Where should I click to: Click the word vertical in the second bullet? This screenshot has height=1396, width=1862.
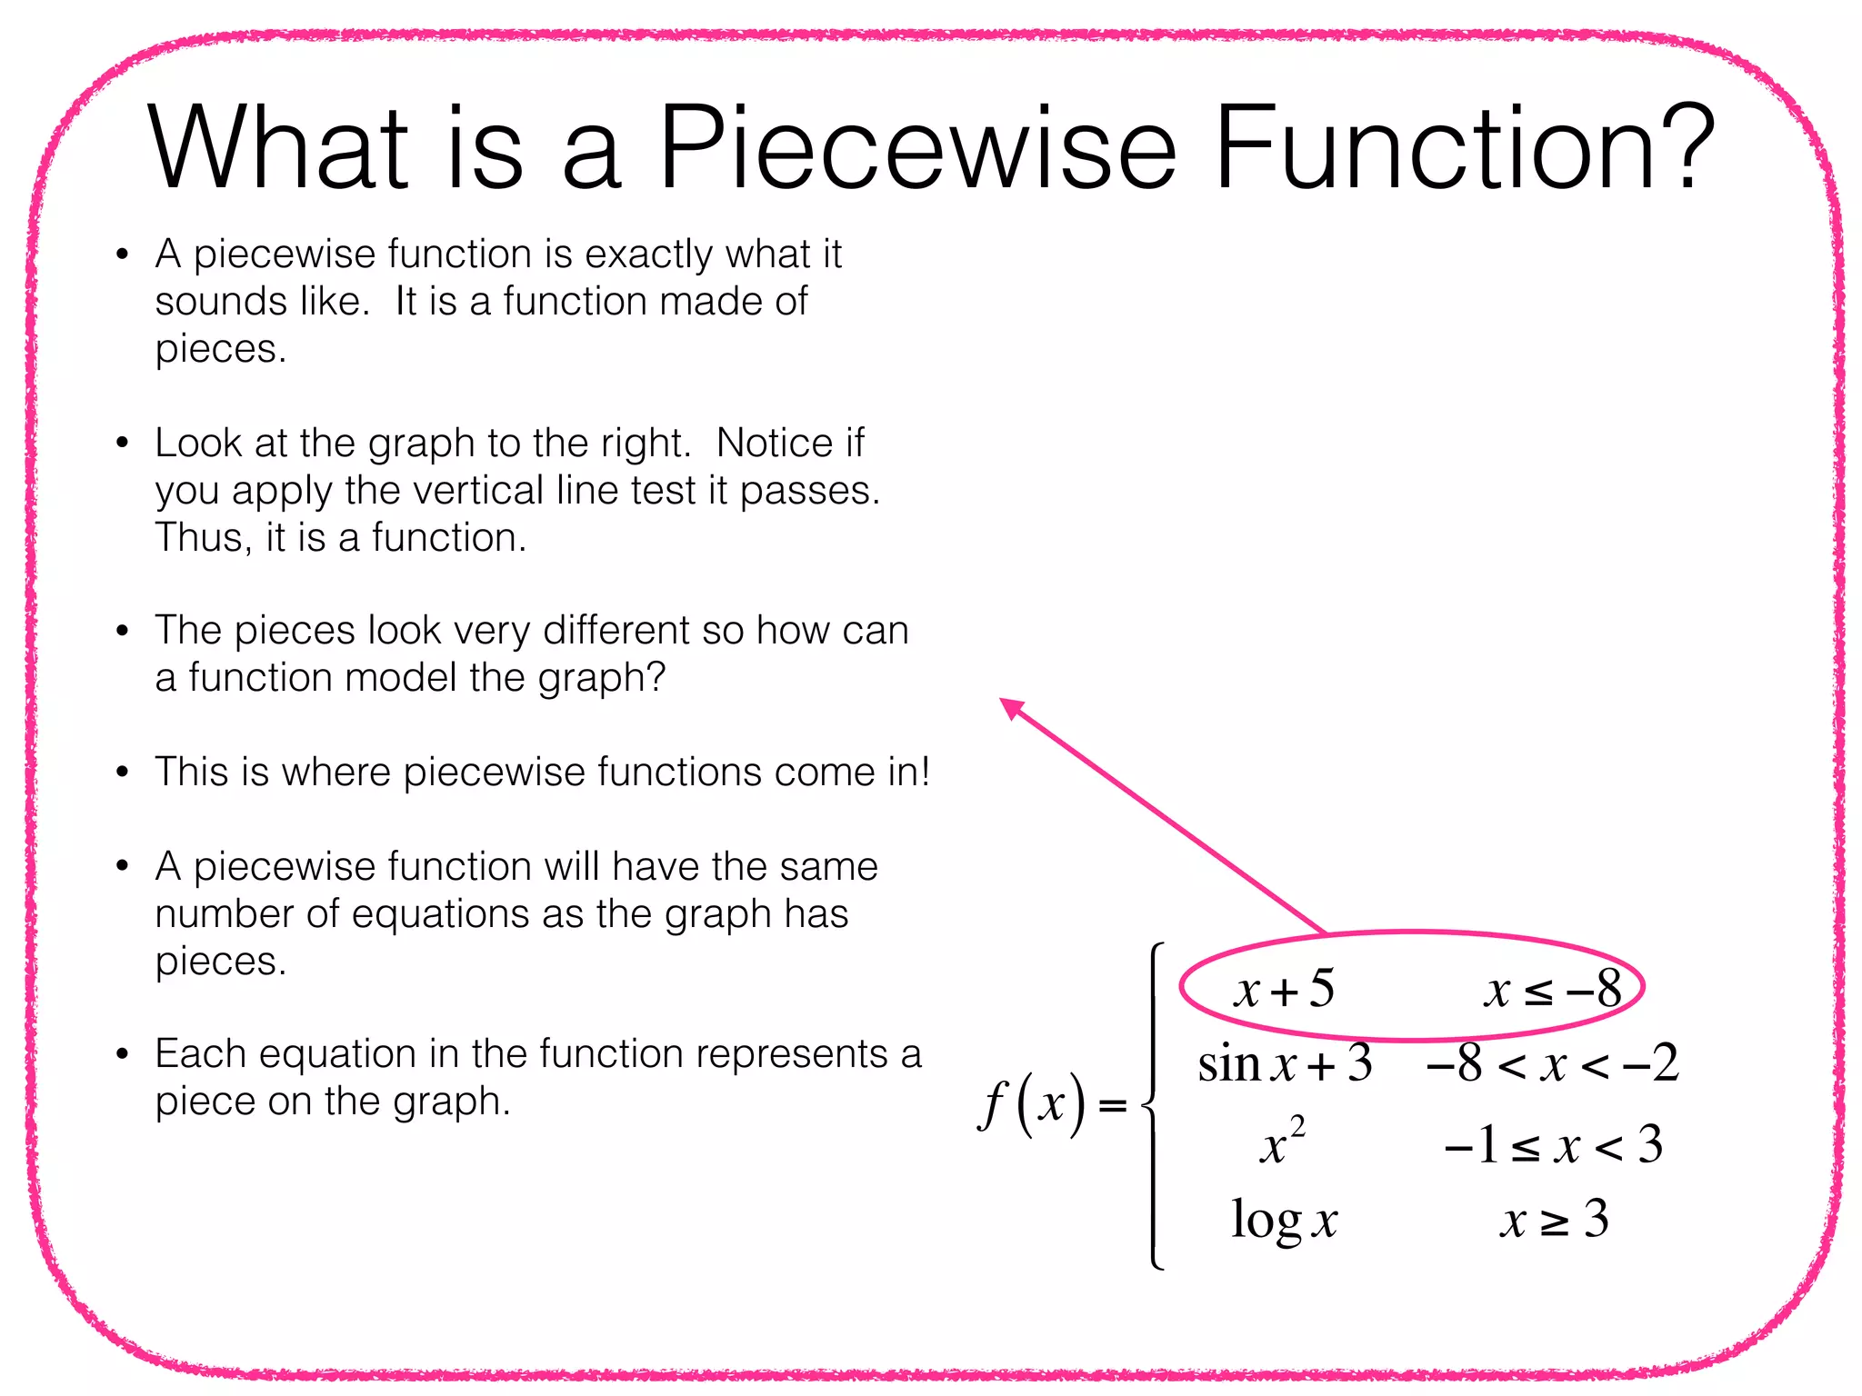pos(478,491)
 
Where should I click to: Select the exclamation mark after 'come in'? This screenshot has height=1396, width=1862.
pos(925,772)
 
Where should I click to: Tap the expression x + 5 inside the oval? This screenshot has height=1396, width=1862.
pos(1284,989)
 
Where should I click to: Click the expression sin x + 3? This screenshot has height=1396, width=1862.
pos(1284,1063)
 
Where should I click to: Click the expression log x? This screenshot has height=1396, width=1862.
pos(1284,1220)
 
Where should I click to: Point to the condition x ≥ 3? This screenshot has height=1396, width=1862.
pos(1553,1220)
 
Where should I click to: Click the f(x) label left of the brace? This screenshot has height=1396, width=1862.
pos(1033,1103)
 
